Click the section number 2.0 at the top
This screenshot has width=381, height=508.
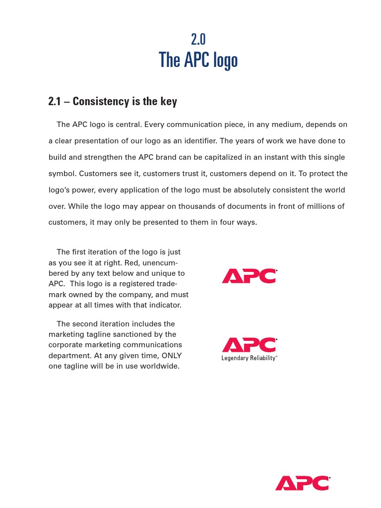198,39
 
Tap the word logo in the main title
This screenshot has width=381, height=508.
225,61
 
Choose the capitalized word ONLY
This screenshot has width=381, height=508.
172,356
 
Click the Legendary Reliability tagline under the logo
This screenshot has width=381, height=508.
249,358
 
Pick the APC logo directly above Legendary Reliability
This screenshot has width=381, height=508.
249,345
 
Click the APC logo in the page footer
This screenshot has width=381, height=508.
302,483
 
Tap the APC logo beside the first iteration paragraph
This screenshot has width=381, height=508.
249,276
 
